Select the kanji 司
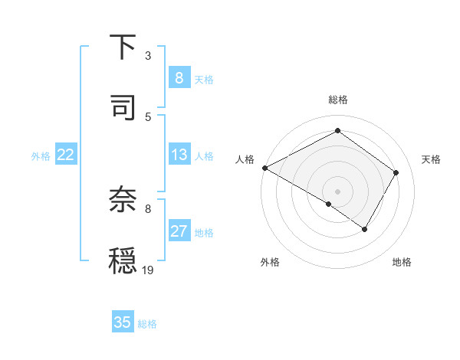coord(123,106)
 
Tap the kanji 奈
coord(123,200)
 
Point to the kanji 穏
coord(123,260)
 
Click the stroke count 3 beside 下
coord(148,56)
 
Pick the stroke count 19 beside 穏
coord(148,270)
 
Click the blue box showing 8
coord(179,77)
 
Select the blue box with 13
coord(179,155)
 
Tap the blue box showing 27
coord(179,231)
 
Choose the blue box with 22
coord(66,155)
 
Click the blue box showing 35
coord(123,322)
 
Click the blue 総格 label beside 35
coord(147,324)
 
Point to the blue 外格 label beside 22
coord(41,156)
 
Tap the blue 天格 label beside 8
coord(204,79)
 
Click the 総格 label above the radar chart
coord(337,100)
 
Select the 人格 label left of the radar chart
coord(245,159)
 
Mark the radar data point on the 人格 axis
coord(264,168)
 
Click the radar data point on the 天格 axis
coord(396,172)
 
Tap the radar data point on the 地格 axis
coord(365,229)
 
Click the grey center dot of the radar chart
coord(337,191)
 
